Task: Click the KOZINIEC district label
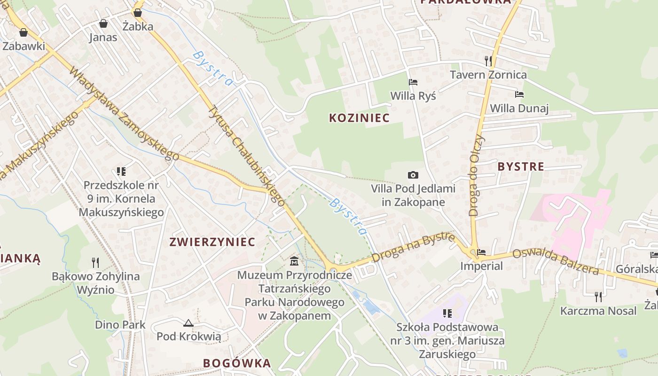(x=360, y=118)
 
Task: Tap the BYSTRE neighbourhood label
(x=521, y=166)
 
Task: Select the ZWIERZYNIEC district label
(x=212, y=242)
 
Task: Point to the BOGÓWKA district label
(x=237, y=363)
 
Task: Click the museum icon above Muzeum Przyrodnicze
(x=294, y=261)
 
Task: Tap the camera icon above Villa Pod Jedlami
(x=413, y=175)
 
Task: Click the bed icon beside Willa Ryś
(x=413, y=82)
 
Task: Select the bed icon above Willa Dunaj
(x=519, y=94)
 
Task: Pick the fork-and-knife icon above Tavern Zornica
(x=488, y=61)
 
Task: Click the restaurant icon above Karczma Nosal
(x=598, y=297)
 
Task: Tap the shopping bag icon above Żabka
(x=138, y=12)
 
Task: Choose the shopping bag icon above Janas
(x=103, y=23)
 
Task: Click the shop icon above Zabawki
(x=23, y=32)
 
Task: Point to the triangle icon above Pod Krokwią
(x=188, y=323)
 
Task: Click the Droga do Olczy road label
(x=476, y=175)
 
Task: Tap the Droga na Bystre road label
(x=413, y=247)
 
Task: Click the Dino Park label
(x=120, y=325)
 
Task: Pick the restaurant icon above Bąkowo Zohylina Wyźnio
(x=95, y=262)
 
